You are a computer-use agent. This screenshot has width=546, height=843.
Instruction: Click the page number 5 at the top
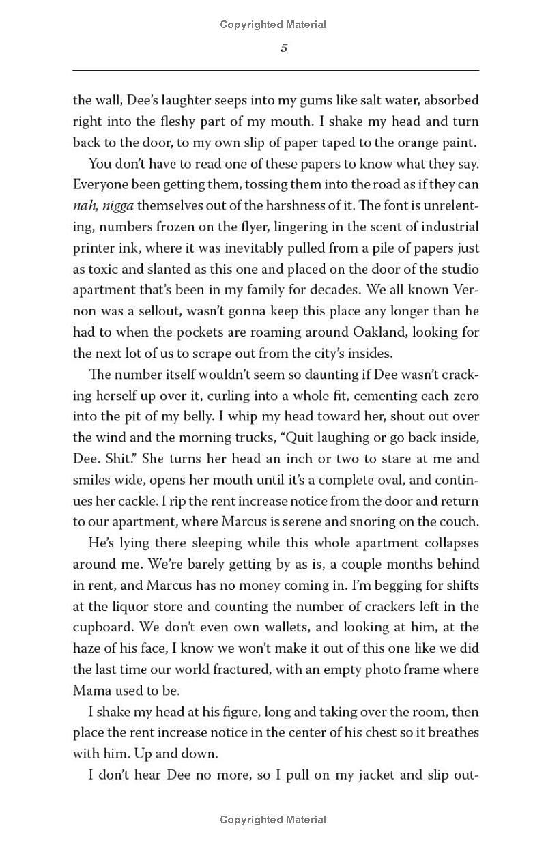(x=284, y=48)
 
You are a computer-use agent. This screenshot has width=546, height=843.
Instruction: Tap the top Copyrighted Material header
(x=273, y=25)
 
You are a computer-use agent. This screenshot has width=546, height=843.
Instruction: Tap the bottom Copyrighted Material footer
(x=273, y=820)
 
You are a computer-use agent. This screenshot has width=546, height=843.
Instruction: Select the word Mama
(x=90, y=690)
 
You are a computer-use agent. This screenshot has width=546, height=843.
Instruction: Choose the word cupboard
(x=101, y=627)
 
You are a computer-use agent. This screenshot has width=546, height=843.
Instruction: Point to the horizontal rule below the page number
(x=276, y=70)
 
